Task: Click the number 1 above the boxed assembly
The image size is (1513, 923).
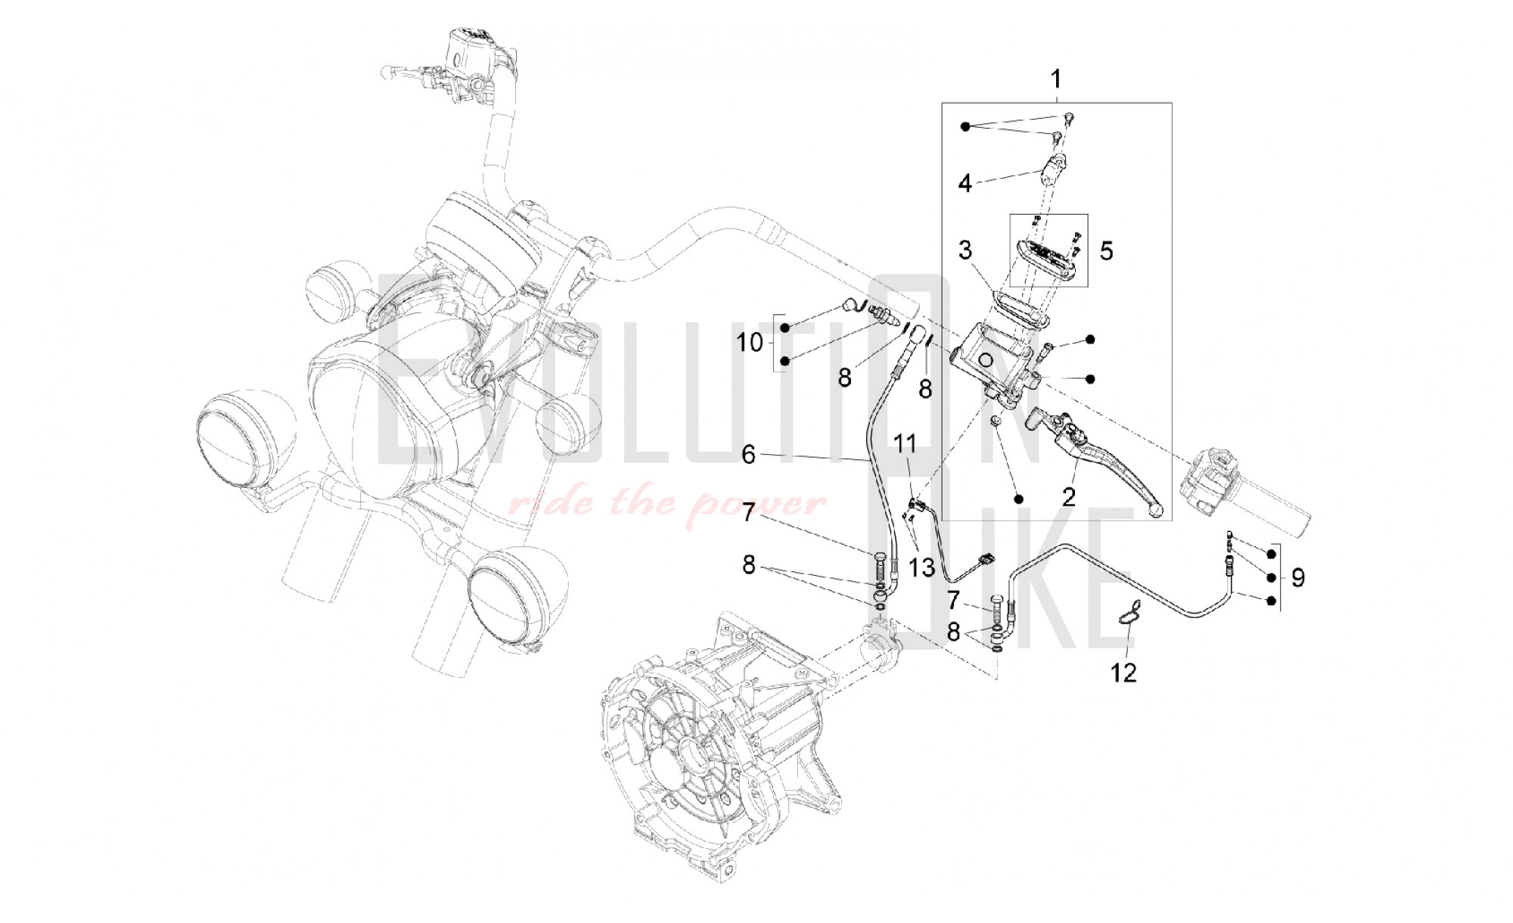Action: pos(1056,79)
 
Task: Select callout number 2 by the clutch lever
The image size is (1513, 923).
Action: pos(1068,497)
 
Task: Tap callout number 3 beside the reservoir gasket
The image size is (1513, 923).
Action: pos(965,250)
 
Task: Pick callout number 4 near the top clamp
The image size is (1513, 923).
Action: pos(965,183)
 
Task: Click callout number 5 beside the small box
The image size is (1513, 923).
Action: pos(1106,251)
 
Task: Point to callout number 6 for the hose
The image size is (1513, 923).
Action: pos(748,454)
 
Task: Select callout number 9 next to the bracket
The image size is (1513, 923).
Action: pos(1298,579)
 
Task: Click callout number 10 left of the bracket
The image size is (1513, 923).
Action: pos(750,343)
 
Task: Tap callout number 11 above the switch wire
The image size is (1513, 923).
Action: pos(905,443)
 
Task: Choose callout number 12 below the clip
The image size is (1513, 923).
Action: pos(1123,672)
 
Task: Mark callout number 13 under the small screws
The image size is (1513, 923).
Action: pos(921,567)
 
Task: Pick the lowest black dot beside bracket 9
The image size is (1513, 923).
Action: pos(1272,601)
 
